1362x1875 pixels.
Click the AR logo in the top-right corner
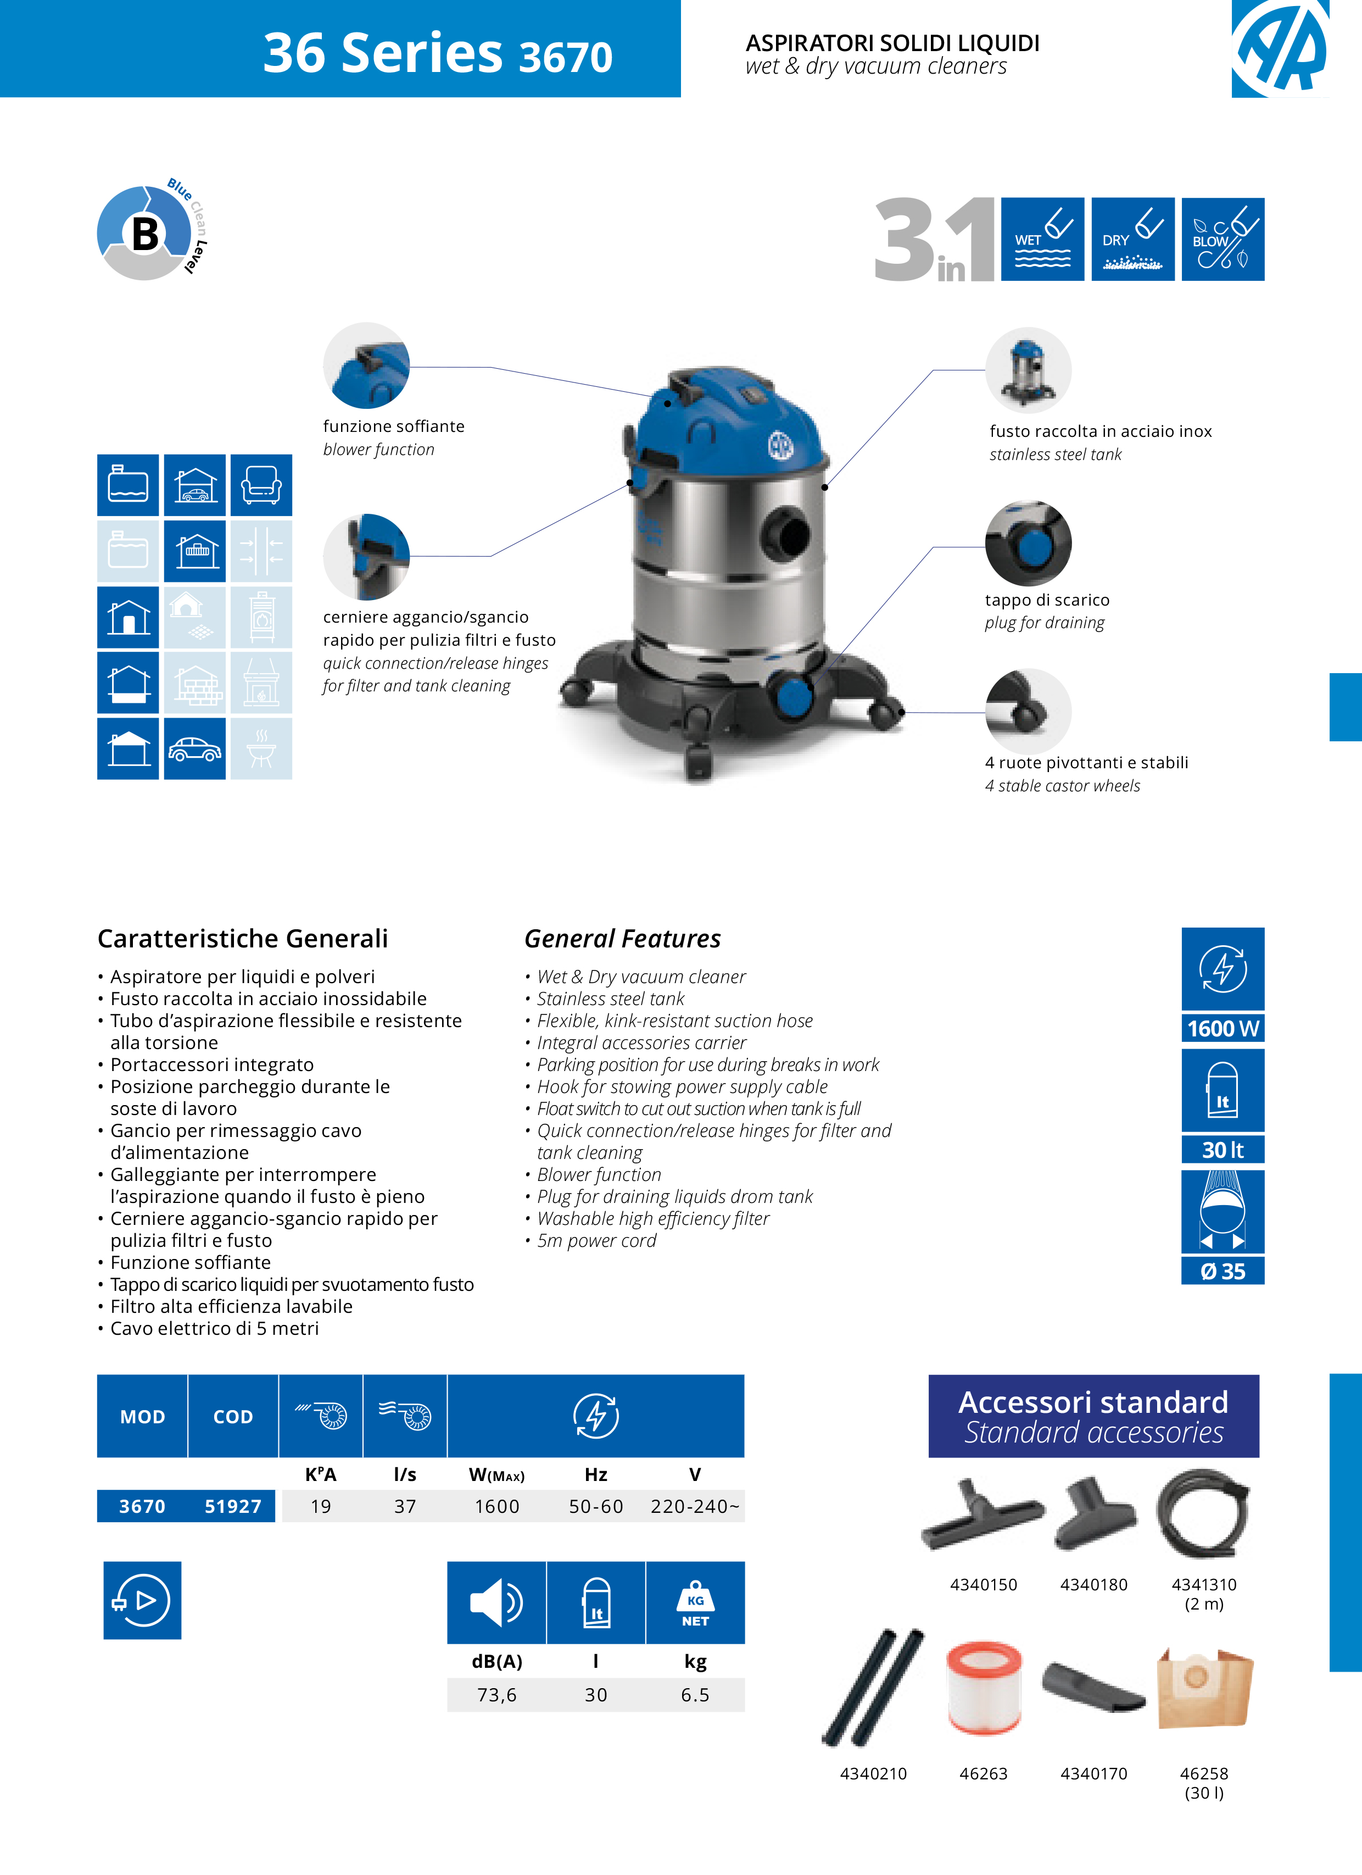click(1280, 47)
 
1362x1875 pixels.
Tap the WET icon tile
click(1042, 240)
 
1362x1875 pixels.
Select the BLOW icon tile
click(1223, 240)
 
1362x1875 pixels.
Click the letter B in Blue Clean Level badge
click(146, 234)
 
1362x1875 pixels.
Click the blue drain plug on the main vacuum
click(794, 697)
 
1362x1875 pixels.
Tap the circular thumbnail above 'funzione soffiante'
click(366, 365)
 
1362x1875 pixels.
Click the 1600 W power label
click(1223, 1028)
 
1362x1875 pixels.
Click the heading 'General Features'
click(622, 939)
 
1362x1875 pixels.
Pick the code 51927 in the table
click(233, 1506)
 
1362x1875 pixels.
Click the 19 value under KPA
click(321, 1506)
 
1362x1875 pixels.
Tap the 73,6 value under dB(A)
click(496, 1695)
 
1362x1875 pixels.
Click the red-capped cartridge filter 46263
click(984, 1687)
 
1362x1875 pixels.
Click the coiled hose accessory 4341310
click(1203, 1513)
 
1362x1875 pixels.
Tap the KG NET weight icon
click(695, 1603)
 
